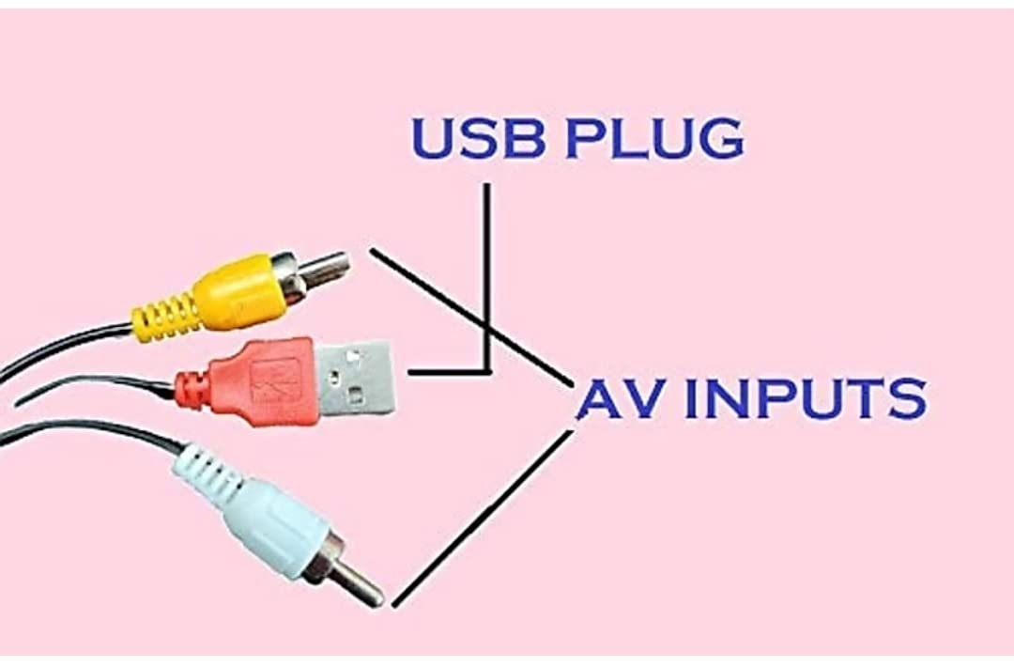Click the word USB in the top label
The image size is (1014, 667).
click(478, 138)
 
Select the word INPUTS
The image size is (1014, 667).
click(806, 399)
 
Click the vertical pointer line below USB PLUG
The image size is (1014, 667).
click(486, 277)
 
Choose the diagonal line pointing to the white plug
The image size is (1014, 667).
click(482, 519)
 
